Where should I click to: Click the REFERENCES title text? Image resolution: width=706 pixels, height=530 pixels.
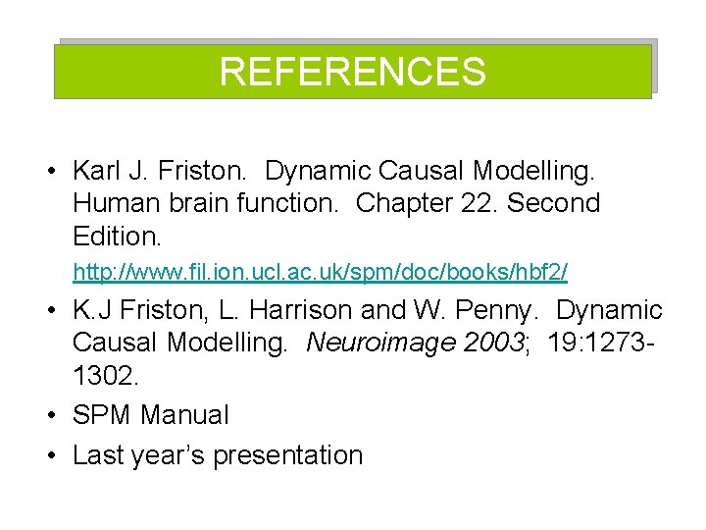pos(352,72)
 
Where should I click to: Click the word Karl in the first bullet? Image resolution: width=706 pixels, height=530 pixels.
pos(94,171)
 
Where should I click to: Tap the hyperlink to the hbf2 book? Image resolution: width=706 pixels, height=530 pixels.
pos(320,269)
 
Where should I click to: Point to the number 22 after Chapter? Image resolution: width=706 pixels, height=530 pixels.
pos(470,204)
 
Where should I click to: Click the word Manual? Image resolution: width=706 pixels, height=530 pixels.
pos(184,415)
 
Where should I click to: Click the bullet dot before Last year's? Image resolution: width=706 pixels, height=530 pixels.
pos(50,456)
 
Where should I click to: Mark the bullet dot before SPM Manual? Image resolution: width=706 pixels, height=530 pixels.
pos(50,416)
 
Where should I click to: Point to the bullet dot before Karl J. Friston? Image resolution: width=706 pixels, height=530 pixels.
pos(50,172)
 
